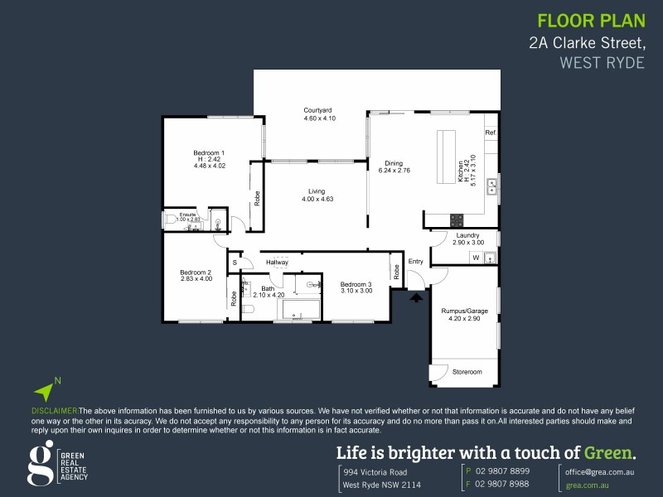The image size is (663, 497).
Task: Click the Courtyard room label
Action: (318, 110)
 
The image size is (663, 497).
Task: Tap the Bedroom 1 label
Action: (209, 152)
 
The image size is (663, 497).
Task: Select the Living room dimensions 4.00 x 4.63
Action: (317, 199)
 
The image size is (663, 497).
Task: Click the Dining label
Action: (394, 162)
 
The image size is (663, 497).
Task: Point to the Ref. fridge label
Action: (491, 133)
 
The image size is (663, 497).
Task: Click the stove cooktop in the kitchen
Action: (457, 220)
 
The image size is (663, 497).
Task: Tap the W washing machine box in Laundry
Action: (476, 258)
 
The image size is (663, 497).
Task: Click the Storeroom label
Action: (467, 373)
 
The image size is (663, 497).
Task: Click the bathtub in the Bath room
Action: (302, 311)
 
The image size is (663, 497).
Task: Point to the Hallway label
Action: (277, 263)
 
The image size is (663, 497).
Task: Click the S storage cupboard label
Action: (235, 263)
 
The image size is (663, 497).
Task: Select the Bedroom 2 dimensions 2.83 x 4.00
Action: (196, 279)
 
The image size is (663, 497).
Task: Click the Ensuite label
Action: (187, 215)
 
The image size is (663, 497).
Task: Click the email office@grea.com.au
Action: (600, 470)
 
